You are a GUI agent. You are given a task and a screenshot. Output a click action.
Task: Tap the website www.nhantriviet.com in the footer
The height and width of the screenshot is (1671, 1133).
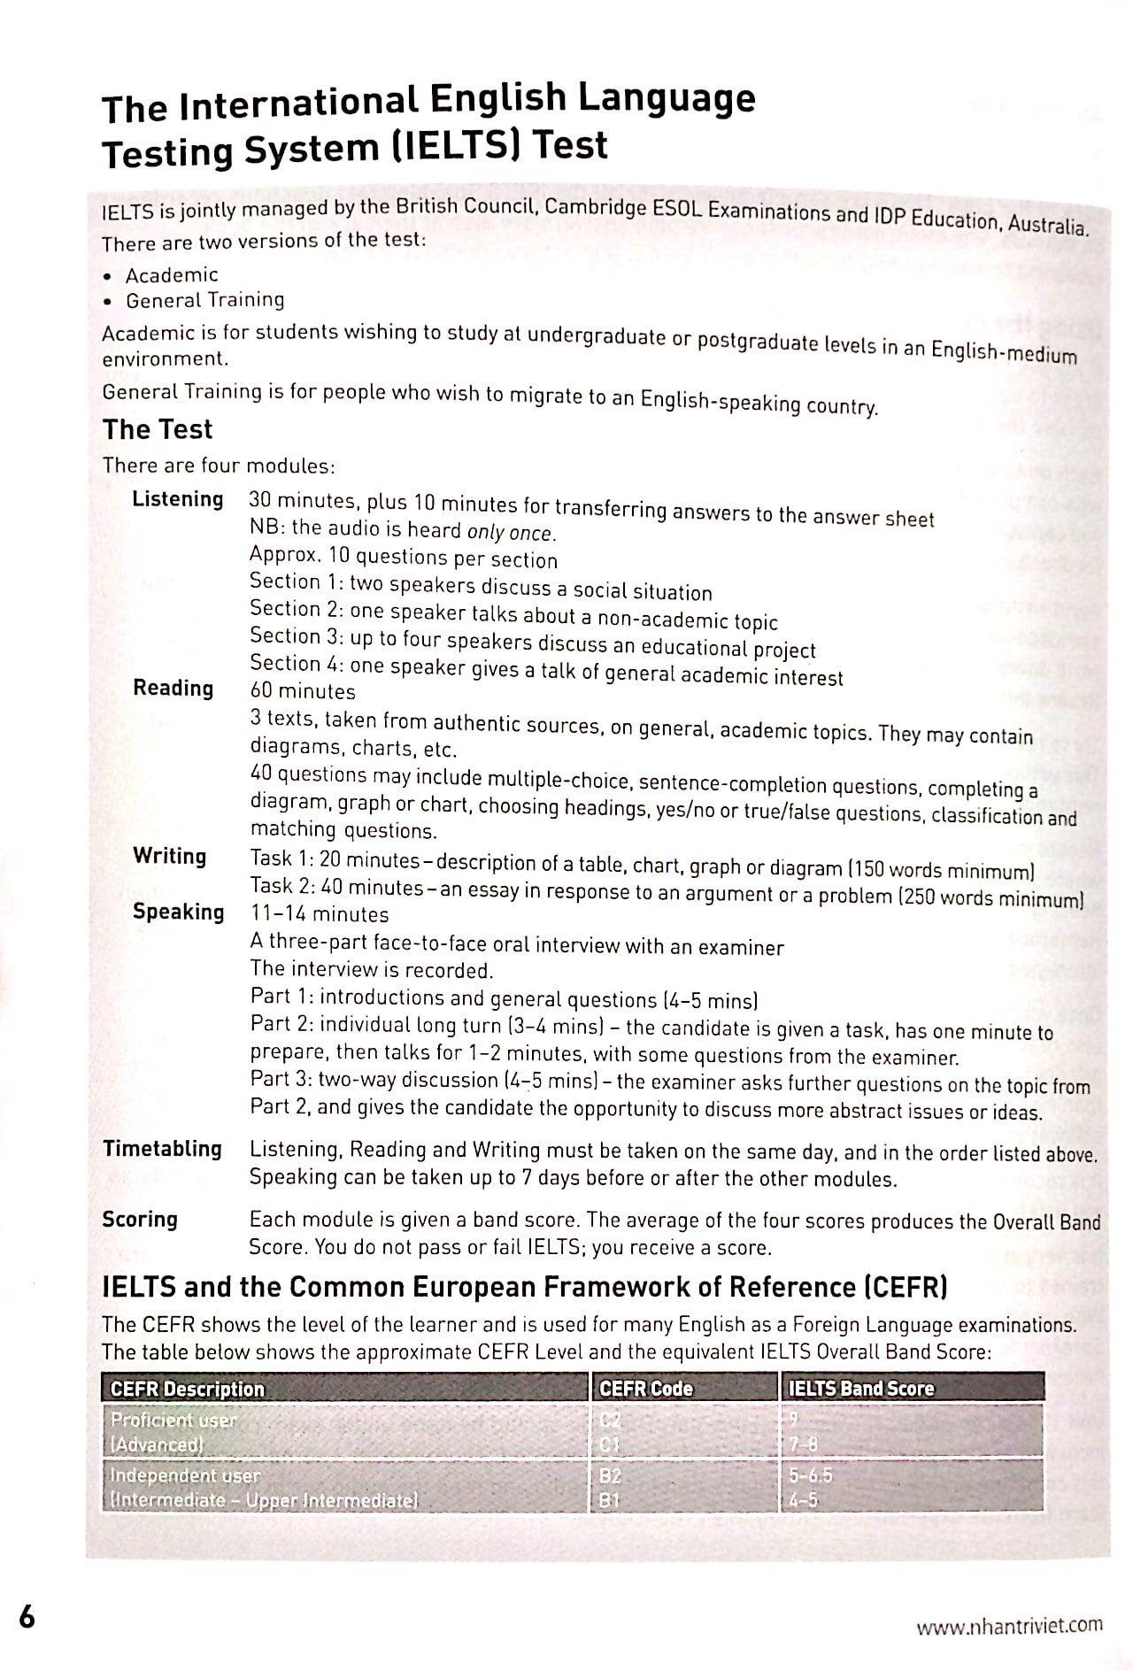pos(1009,1625)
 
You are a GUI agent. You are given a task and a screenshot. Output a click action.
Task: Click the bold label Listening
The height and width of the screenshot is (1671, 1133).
pos(178,499)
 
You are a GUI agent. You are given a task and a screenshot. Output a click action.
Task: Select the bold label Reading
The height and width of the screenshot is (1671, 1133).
pos(173,688)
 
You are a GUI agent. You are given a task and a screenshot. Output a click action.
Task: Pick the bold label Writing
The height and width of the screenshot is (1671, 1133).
pos(170,856)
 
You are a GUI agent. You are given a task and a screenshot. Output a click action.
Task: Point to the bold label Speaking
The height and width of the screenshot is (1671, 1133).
pos(179,912)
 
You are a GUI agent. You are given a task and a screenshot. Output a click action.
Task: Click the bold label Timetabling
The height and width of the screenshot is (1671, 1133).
pos(163,1149)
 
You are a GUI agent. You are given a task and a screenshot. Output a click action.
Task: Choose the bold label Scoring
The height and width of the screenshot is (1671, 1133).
pos(140,1220)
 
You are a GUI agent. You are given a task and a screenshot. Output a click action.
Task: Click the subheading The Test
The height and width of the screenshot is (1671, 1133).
pos(158,429)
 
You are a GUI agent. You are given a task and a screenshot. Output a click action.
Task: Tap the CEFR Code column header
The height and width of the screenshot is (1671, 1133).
pos(646,1389)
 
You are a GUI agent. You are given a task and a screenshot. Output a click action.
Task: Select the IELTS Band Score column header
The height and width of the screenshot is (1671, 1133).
pos(860,1389)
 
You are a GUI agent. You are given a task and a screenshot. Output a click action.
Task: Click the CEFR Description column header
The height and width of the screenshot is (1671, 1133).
pos(187,1389)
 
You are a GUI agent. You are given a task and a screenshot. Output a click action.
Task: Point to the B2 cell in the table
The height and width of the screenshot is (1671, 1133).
pos(611,1475)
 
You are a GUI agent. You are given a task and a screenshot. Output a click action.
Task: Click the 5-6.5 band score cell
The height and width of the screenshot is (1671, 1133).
pos(811,1475)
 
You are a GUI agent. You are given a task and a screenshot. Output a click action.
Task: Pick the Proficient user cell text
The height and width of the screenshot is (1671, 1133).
pos(173,1420)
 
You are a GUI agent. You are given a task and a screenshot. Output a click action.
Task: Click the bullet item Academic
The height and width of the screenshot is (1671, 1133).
pos(172,275)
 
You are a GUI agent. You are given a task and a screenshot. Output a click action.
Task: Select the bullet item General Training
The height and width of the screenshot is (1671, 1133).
pos(205,300)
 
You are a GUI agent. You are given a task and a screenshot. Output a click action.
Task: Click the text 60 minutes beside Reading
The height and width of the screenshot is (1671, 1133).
pos(303,691)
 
